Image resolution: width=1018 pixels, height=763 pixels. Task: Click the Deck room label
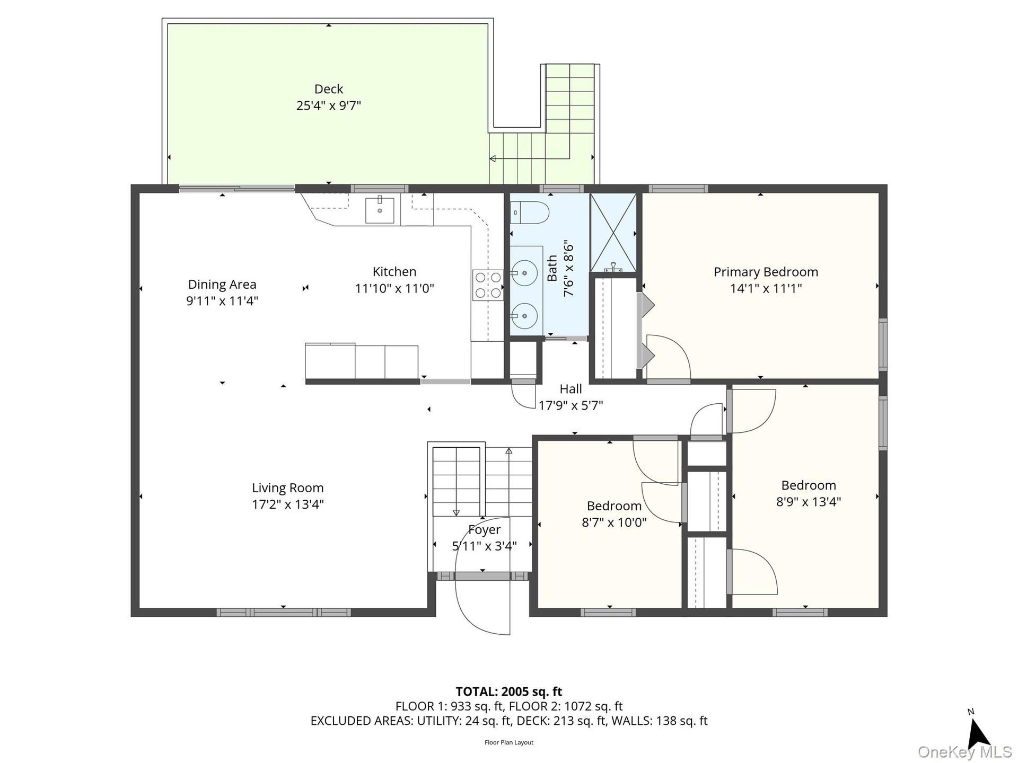pyautogui.click(x=329, y=89)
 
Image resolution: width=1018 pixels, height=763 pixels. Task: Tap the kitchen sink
pyautogui.click(x=380, y=209)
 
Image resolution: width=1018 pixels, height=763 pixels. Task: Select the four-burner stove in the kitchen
pyautogui.click(x=488, y=285)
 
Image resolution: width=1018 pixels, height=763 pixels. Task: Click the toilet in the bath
pyautogui.click(x=530, y=212)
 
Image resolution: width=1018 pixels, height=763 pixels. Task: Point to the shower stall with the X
pyautogui.click(x=613, y=233)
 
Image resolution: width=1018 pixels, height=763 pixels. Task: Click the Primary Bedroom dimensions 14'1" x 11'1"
pyautogui.click(x=766, y=289)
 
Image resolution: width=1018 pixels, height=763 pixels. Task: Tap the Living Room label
pyautogui.click(x=287, y=488)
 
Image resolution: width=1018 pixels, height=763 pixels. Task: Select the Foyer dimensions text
pyautogui.click(x=484, y=546)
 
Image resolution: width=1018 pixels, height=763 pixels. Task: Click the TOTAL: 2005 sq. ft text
pyautogui.click(x=509, y=691)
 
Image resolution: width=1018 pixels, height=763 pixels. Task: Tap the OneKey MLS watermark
pyautogui.click(x=965, y=752)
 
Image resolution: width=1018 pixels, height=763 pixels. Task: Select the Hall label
pyautogui.click(x=571, y=389)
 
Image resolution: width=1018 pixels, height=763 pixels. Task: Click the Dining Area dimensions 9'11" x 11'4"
pyautogui.click(x=222, y=301)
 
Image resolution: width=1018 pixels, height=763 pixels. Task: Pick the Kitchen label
pyautogui.click(x=394, y=272)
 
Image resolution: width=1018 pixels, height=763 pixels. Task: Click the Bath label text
pyautogui.click(x=552, y=269)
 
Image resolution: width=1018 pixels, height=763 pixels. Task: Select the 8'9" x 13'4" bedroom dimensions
pyautogui.click(x=809, y=502)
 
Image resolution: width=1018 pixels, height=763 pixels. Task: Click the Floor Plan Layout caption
pyautogui.click(x=509, y=742)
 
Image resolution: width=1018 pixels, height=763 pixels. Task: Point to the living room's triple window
pyautogui.click(x=284, y=613)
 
